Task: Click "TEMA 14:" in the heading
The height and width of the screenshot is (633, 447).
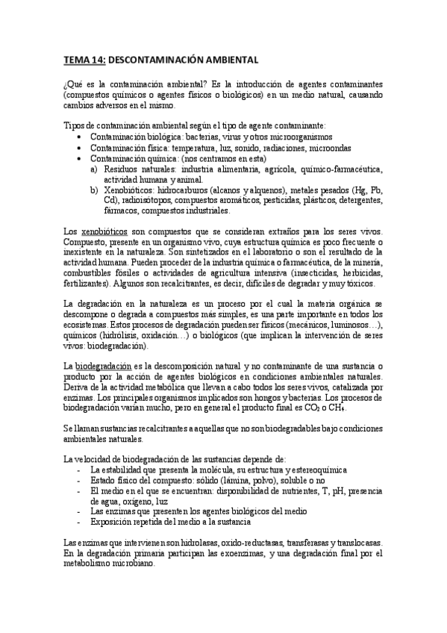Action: (84, 58)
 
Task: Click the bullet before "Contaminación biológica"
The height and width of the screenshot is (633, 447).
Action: (80, 137)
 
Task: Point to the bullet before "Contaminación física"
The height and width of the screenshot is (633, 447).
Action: (80, 148)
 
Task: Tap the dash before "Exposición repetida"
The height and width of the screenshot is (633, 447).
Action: (80, 523)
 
